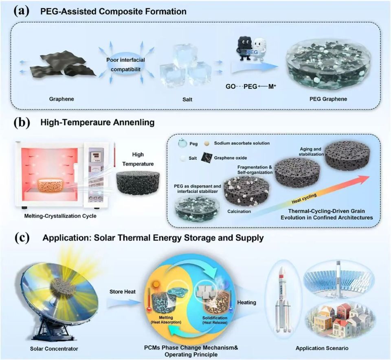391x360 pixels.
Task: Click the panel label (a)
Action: click(x=22, y=11)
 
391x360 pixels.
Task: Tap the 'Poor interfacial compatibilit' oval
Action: click(x=126, y=65)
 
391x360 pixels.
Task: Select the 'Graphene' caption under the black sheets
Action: click(x=62, y=99)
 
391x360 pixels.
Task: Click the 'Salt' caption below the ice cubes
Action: click(x=187, y=99)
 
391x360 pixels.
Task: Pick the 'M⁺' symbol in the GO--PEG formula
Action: click(x=272, y=86)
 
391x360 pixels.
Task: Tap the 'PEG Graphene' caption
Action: click(x=328, y=99)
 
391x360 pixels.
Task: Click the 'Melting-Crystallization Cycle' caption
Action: click(x=60, y=216)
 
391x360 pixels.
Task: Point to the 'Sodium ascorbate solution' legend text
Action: click(x=242, y=143)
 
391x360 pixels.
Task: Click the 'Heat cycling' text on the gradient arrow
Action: click(x=304, y=199)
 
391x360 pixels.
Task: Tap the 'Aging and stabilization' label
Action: click(x=311, y=152)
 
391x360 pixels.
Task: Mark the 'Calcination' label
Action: click(x=239, y=212)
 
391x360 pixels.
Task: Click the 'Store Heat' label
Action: click(x=123, y=292)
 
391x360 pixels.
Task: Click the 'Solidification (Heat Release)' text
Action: click(x=215, y=320)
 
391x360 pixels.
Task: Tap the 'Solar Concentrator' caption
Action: click(x=54, y=349)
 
